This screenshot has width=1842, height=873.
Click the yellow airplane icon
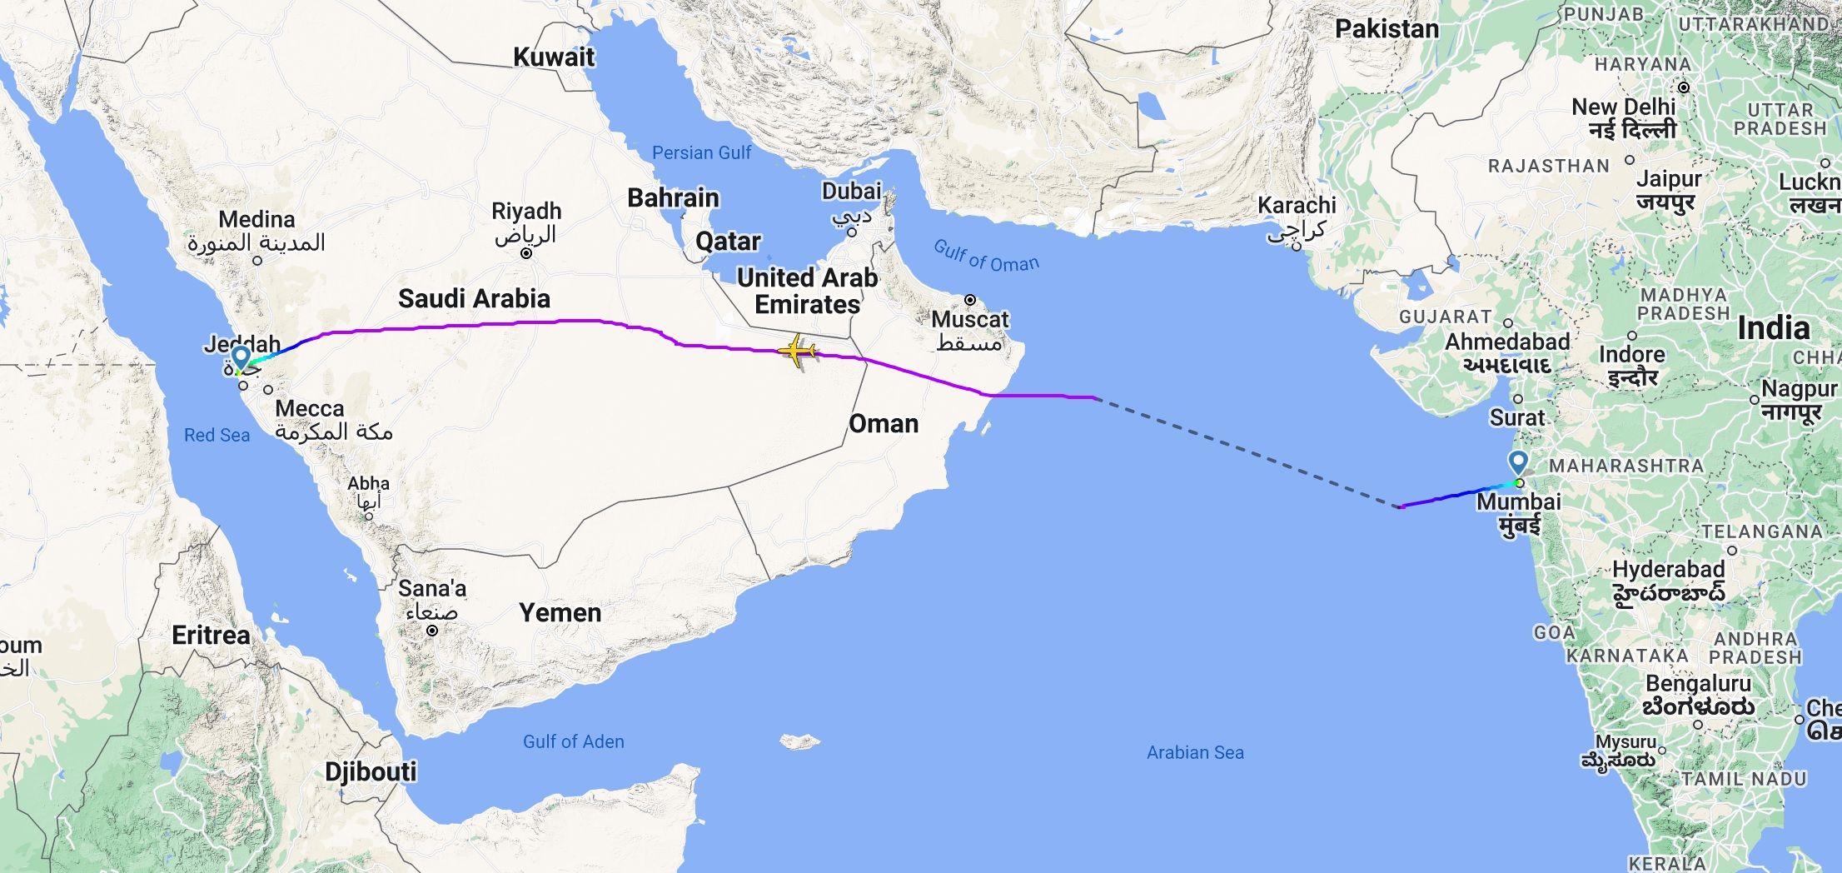797,351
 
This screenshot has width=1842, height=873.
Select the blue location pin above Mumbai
1518,463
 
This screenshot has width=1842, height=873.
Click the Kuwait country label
554,57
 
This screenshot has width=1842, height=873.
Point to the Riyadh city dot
525,253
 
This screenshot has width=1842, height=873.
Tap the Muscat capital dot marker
969,300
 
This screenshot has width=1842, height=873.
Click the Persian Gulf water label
701,152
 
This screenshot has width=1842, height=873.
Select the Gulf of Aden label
573,741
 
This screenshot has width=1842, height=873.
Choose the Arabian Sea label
1195,752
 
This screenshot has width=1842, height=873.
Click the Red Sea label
217,435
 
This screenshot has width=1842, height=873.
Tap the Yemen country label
560,613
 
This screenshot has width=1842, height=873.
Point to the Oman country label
884,423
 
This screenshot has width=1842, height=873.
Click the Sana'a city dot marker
432,631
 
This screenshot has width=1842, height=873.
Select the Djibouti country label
371,771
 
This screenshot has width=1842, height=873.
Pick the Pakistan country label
1386,29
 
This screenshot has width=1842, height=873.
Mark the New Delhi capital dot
1683,87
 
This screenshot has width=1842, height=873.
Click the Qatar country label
728,242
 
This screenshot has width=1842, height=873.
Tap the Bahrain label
673,198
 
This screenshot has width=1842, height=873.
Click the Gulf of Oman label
986,256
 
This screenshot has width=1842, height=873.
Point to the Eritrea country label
211,636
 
